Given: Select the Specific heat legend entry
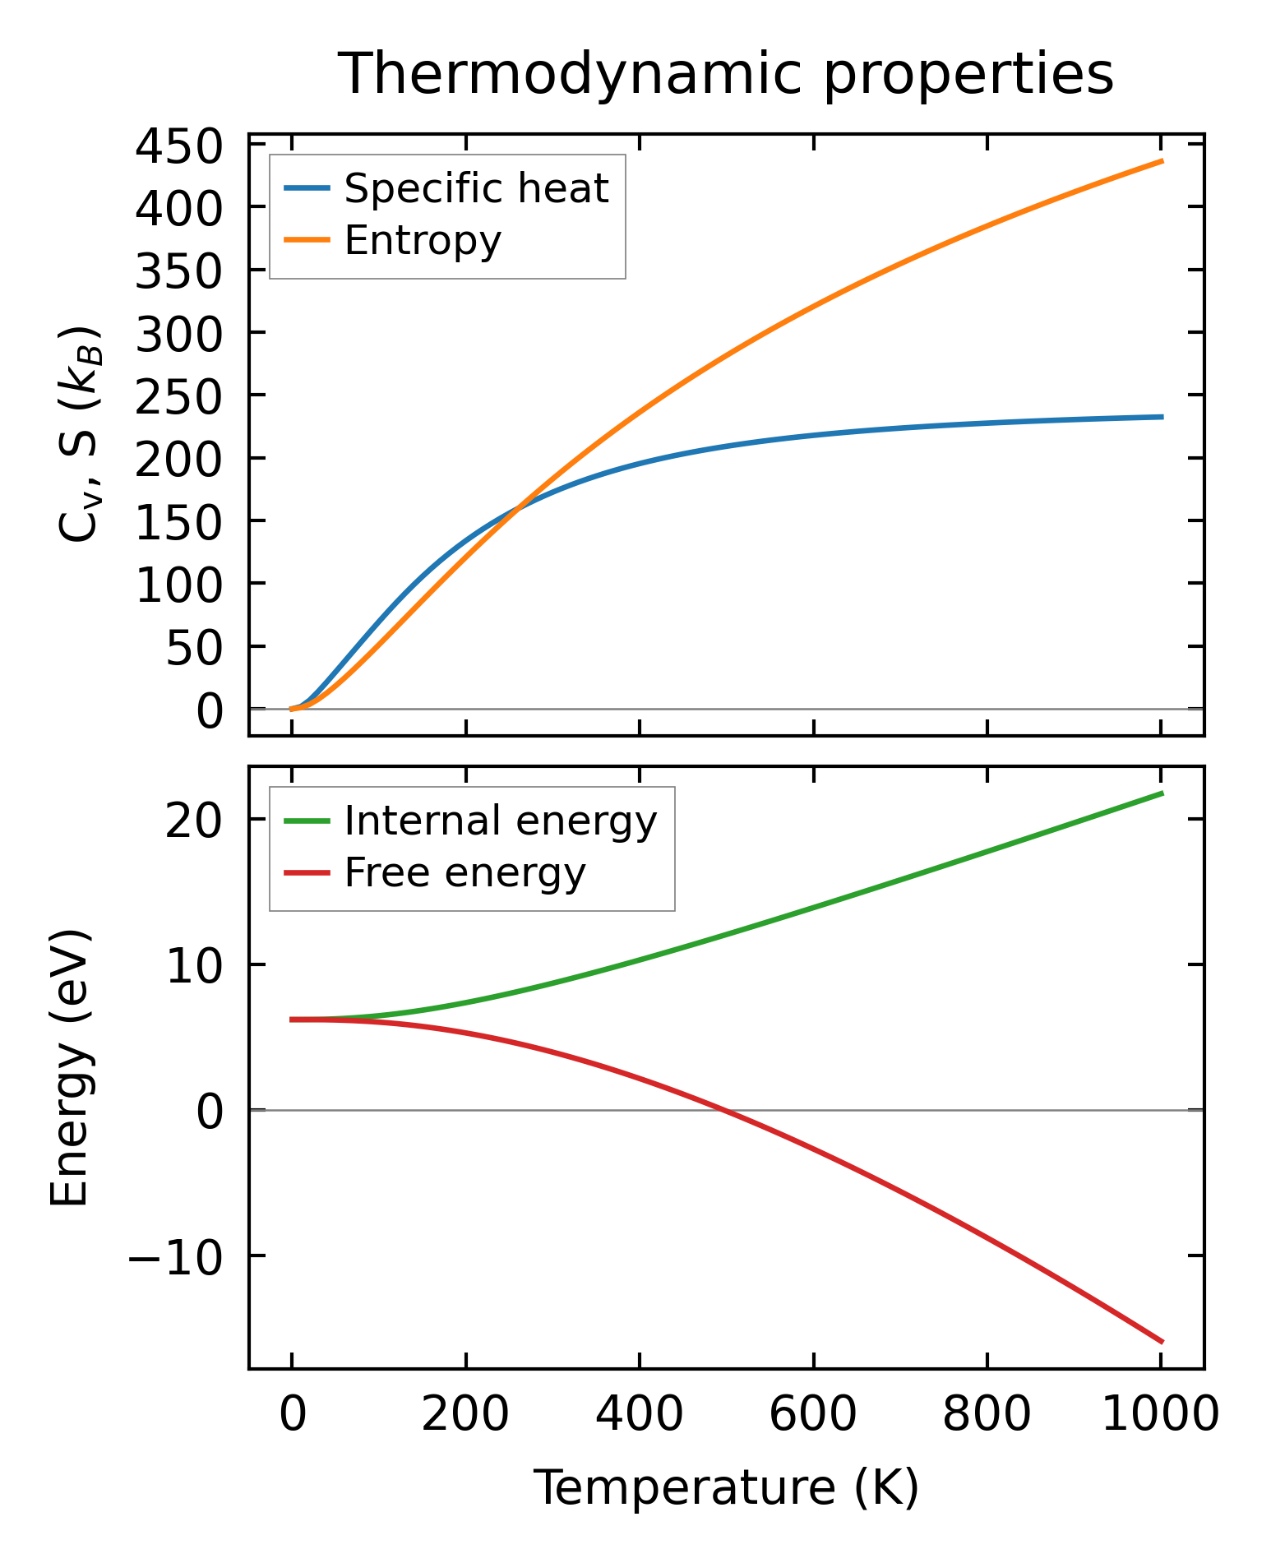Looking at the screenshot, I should pyautogui.click(x=475, y=188).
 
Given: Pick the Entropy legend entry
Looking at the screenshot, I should pyautogui.click(x=422, y=241).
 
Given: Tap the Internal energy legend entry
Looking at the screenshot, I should pyautogui.click(x=500, y=821).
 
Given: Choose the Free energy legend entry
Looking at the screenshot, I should pyautogui.click(x=464, y=872).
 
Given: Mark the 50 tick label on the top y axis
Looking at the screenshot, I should pyautogui.click(x=194, y=650).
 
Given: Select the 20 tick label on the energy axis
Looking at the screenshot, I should pyautogui.click(x=194, y=821).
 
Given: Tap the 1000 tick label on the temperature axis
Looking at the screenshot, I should pyautogui.click(x=1159, y=1416).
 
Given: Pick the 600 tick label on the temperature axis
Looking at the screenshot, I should pyautogui.click(x=812, y=1416).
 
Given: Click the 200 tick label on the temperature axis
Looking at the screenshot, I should pyautogui.click(x=465, y=1416).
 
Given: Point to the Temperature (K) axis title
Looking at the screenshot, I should pyautogui.click(x=726, y=1487).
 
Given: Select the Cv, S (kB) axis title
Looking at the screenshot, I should pyautogui.click(x=80, y=434).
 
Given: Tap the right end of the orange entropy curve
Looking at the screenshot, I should pyautogui.click(x=1162, y=161).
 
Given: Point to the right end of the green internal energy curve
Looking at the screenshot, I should pyautogui.click(x=1162, y=793).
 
